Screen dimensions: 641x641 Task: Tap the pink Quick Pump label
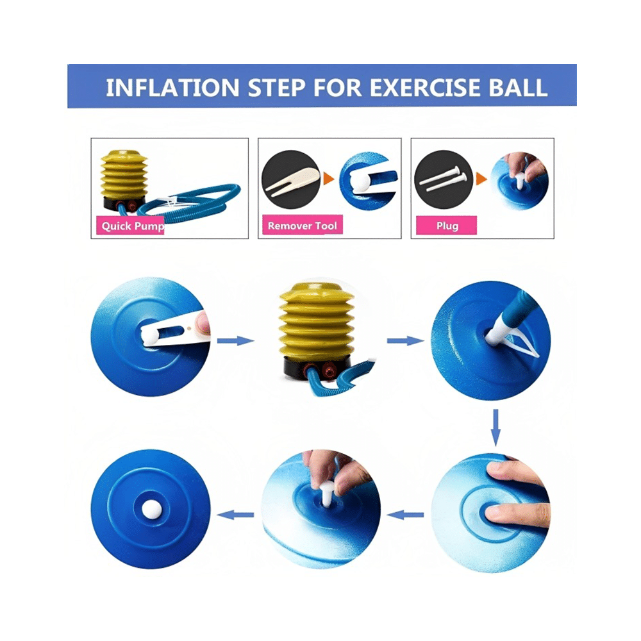pyautogui.click(x=132, y=226)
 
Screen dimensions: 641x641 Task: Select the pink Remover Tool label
pyautogui.click(x=301, y=226)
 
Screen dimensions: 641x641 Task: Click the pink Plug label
pyautogui.click(x=447, y=226)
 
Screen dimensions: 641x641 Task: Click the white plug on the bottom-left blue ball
pyautogui.click(x=151, y=510)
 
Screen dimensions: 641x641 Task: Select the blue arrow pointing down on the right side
pyautogui.click(x=495, y=428)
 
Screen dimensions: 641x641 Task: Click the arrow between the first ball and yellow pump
pyautogui.click(x=235, y=340)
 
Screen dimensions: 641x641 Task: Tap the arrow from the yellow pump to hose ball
pyautogui.click(x=405, y=340)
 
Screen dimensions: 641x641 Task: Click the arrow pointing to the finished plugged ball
pyautogui.click(x=236, y=513)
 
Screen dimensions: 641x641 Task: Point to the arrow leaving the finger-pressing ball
pyautogui.click(x=406, y=513)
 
